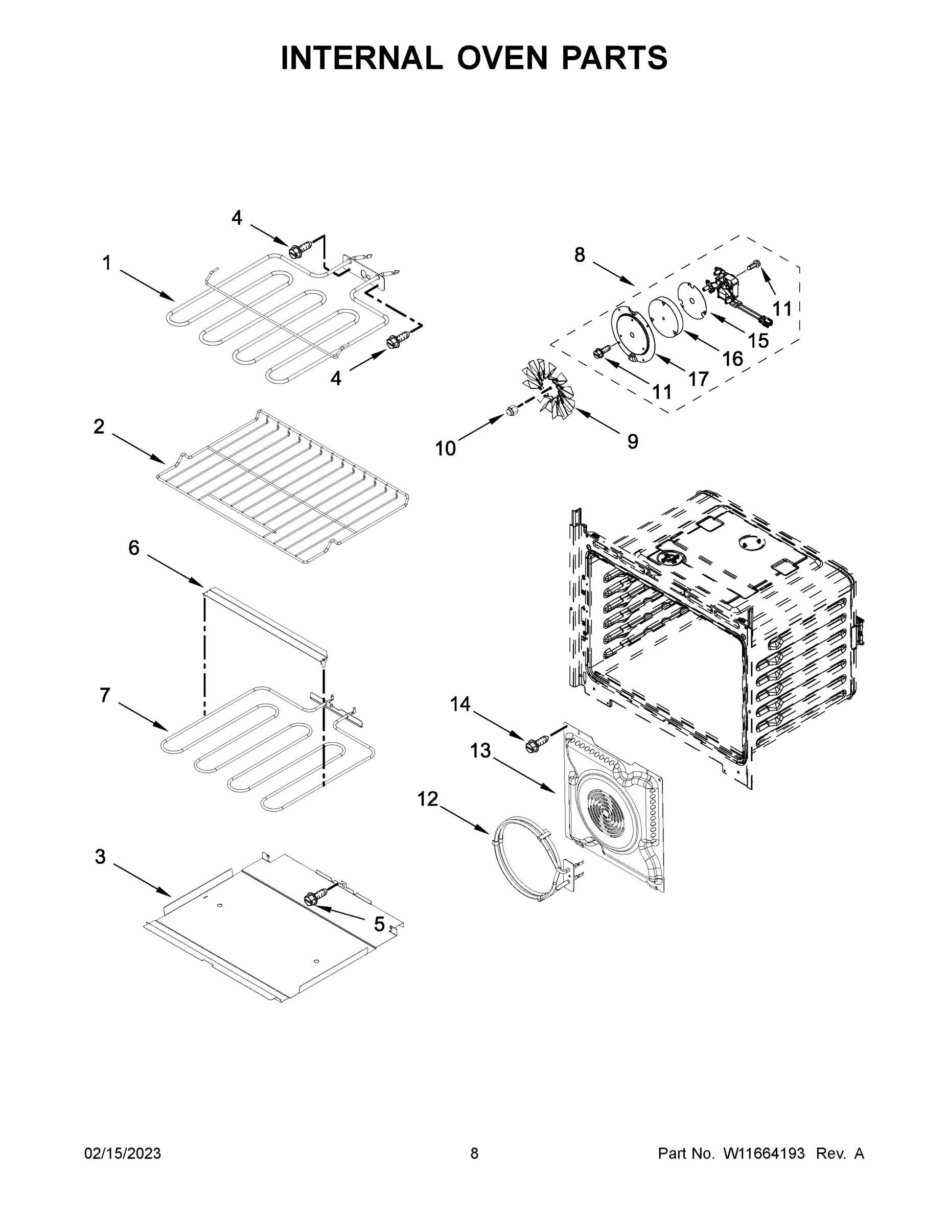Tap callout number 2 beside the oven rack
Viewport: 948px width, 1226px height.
point(99,427)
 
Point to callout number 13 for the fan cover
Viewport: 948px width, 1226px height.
point(480,750)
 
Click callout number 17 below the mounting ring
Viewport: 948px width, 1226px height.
point(699,380)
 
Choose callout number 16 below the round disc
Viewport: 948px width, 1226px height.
point(732,358)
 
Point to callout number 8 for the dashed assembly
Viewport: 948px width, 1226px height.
point(580,255)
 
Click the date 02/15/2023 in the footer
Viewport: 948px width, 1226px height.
point(123,1153)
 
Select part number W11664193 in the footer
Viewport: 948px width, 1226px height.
point(764,1153)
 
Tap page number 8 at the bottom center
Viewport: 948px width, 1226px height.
point(474,1153)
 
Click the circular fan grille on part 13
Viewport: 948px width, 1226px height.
point(605,812)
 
